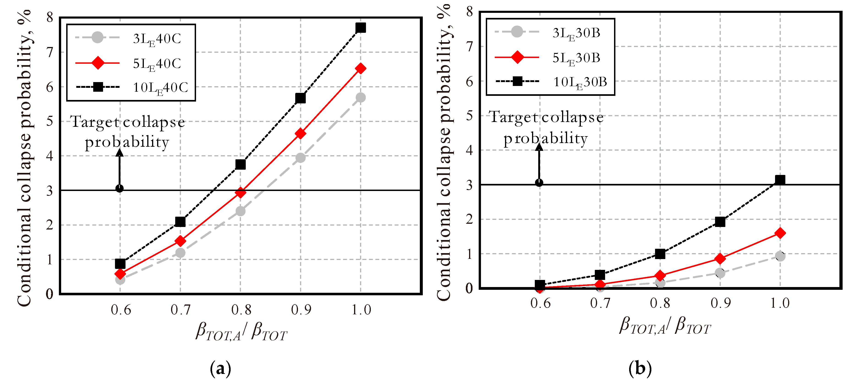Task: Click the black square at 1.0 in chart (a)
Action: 360,28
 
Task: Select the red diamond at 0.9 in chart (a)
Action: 300,134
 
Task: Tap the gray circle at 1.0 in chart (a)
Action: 360,98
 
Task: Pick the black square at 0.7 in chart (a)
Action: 180,221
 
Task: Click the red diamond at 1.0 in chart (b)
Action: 780,233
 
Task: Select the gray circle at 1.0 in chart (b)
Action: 780,256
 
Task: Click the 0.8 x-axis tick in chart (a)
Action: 241,310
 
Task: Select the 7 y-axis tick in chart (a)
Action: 50,52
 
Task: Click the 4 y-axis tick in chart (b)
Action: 469,150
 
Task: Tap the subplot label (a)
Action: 220,368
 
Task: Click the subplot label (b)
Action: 640,368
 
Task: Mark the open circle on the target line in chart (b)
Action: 539,183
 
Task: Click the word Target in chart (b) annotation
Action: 514,118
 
